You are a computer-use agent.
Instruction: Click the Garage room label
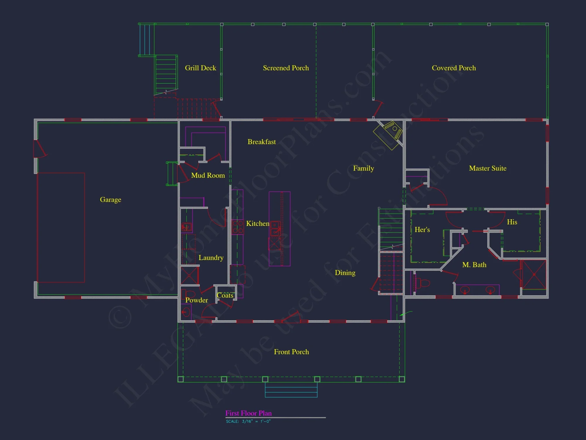click(110, 200)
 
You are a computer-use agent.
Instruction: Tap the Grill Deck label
click(200, 68)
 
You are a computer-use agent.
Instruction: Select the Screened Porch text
click(286, 68)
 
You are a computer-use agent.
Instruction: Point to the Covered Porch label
click(454, 68)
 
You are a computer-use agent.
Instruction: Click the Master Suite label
click(488, 168)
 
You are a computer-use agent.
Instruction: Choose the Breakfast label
click(262, 142)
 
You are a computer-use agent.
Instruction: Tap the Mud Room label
click(208, 175)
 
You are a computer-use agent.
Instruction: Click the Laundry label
click(211, 258)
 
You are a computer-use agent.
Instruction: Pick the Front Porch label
click(291, 352)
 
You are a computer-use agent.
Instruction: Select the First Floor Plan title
click(248, 413)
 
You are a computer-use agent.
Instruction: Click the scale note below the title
click(248, 422)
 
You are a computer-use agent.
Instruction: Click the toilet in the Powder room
click(189, 294)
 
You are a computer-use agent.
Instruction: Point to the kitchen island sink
click(275, 229)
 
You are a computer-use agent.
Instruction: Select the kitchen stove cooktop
click(238, 227)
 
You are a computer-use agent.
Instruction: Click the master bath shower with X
click(534, 275)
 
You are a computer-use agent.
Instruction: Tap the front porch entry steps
click(291, 390)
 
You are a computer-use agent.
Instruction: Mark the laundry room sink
click(186, 227)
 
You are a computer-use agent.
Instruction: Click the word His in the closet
click(512, 222)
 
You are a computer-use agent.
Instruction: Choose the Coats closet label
click(225, 295)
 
